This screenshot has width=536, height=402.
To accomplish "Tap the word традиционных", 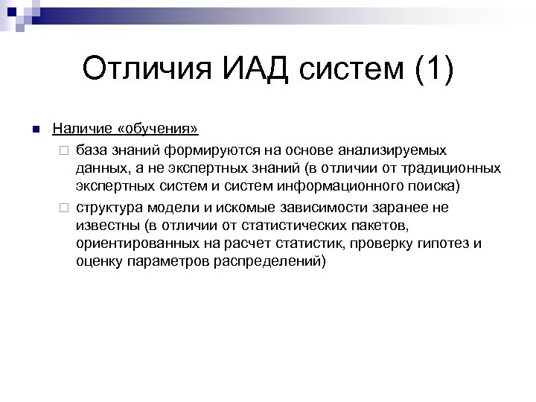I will pyautogui.click(x=455, y=168).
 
